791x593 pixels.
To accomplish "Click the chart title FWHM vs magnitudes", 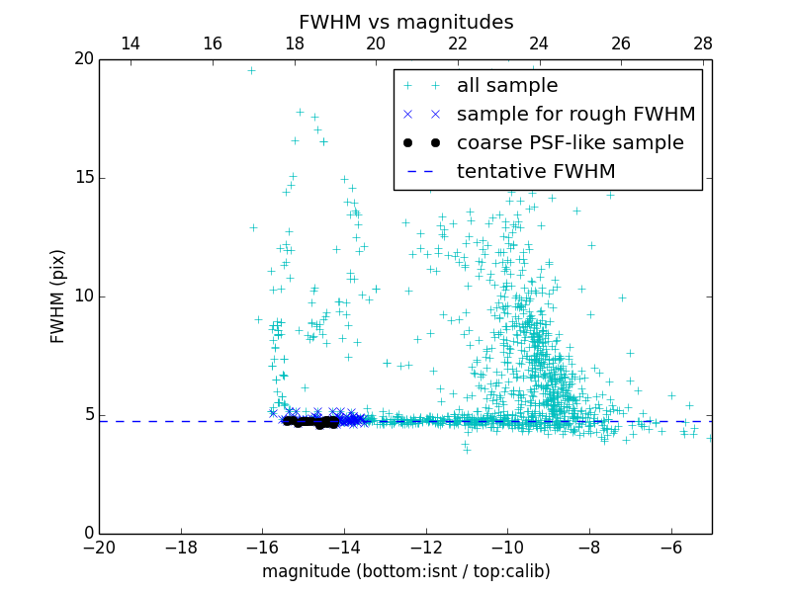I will pyautogui.click(x=405, y=22).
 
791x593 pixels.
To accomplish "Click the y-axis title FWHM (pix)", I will pyautogui.click(x=58, y=296).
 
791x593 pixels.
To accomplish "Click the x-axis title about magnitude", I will pyautogui.click(x=405, y=571).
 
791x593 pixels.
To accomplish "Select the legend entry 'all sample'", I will pyautogui.click(x=506, y=86).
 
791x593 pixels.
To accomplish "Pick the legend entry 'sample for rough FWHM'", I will pyautogui.click(x=575, y=115).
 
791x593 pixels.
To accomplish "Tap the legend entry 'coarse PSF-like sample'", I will pyautogui.click(x=570, y=143).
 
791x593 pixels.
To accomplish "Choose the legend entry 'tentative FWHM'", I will pyautogui.click(x=536, y=172).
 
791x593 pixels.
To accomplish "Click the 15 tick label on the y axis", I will pyautogui.click(x=83, y=178).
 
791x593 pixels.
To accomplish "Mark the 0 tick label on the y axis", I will pyautogui.click(x=88, y=534).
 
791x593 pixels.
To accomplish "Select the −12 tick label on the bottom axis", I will pyautogui.click(x=426, y=548).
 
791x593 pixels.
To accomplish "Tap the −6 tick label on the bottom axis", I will pyautogui.click(x=671, y=548).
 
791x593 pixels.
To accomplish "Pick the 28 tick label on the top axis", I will pyautogui.click(x=703, y=43).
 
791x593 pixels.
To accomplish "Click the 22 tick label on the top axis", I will pyautogui.click(x=458, y=43).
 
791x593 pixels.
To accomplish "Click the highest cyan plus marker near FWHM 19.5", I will pyautogui.click(x=251, y=70).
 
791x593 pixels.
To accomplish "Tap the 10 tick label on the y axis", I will pyautogui.click(x=83, y=296).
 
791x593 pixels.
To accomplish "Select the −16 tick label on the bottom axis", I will pyautogui.click(x=262, y=548).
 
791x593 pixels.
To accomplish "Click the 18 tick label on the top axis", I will pyautogui.click(x=294, y=43).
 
